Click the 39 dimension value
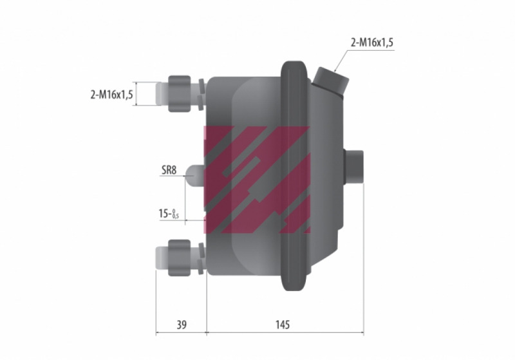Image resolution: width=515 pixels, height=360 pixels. pyautogui.click(x=182, y=325)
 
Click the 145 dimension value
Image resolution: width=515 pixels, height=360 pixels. pyautogui.click(x=283, y=325)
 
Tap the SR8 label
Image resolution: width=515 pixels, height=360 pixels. pyautogui.click(x=169, y=170)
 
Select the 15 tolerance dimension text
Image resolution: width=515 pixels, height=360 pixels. pyautogui.click(x=169, y=214)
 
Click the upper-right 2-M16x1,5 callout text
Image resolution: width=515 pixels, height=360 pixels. pyautogui.click(x=372, y=43)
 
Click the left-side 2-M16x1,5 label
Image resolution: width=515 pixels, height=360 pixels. pyautogui.click(x=111, y=95)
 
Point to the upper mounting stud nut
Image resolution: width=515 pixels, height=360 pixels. pyautogui.click(x=180, y=93)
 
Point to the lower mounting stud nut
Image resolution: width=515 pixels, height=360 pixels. pyautogui.click(x=180, y=258)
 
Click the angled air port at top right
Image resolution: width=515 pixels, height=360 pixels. pyautogui.click(x=330, y=82)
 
